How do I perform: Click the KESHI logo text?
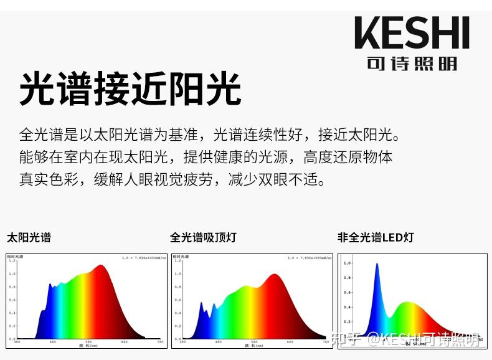click(412, 34)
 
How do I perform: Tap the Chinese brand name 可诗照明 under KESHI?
click(412, 64)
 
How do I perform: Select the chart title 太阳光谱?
click(29, 237)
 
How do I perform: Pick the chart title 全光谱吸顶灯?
click(203, 237)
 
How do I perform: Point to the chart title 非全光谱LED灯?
click(376, 237)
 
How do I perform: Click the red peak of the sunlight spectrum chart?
click(100, 268)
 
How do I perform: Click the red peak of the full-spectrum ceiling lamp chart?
click(272, 277)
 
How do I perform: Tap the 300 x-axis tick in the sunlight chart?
click(17, 342)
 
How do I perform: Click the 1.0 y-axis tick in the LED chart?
click(347, 263)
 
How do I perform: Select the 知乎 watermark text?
click(347, 339)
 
